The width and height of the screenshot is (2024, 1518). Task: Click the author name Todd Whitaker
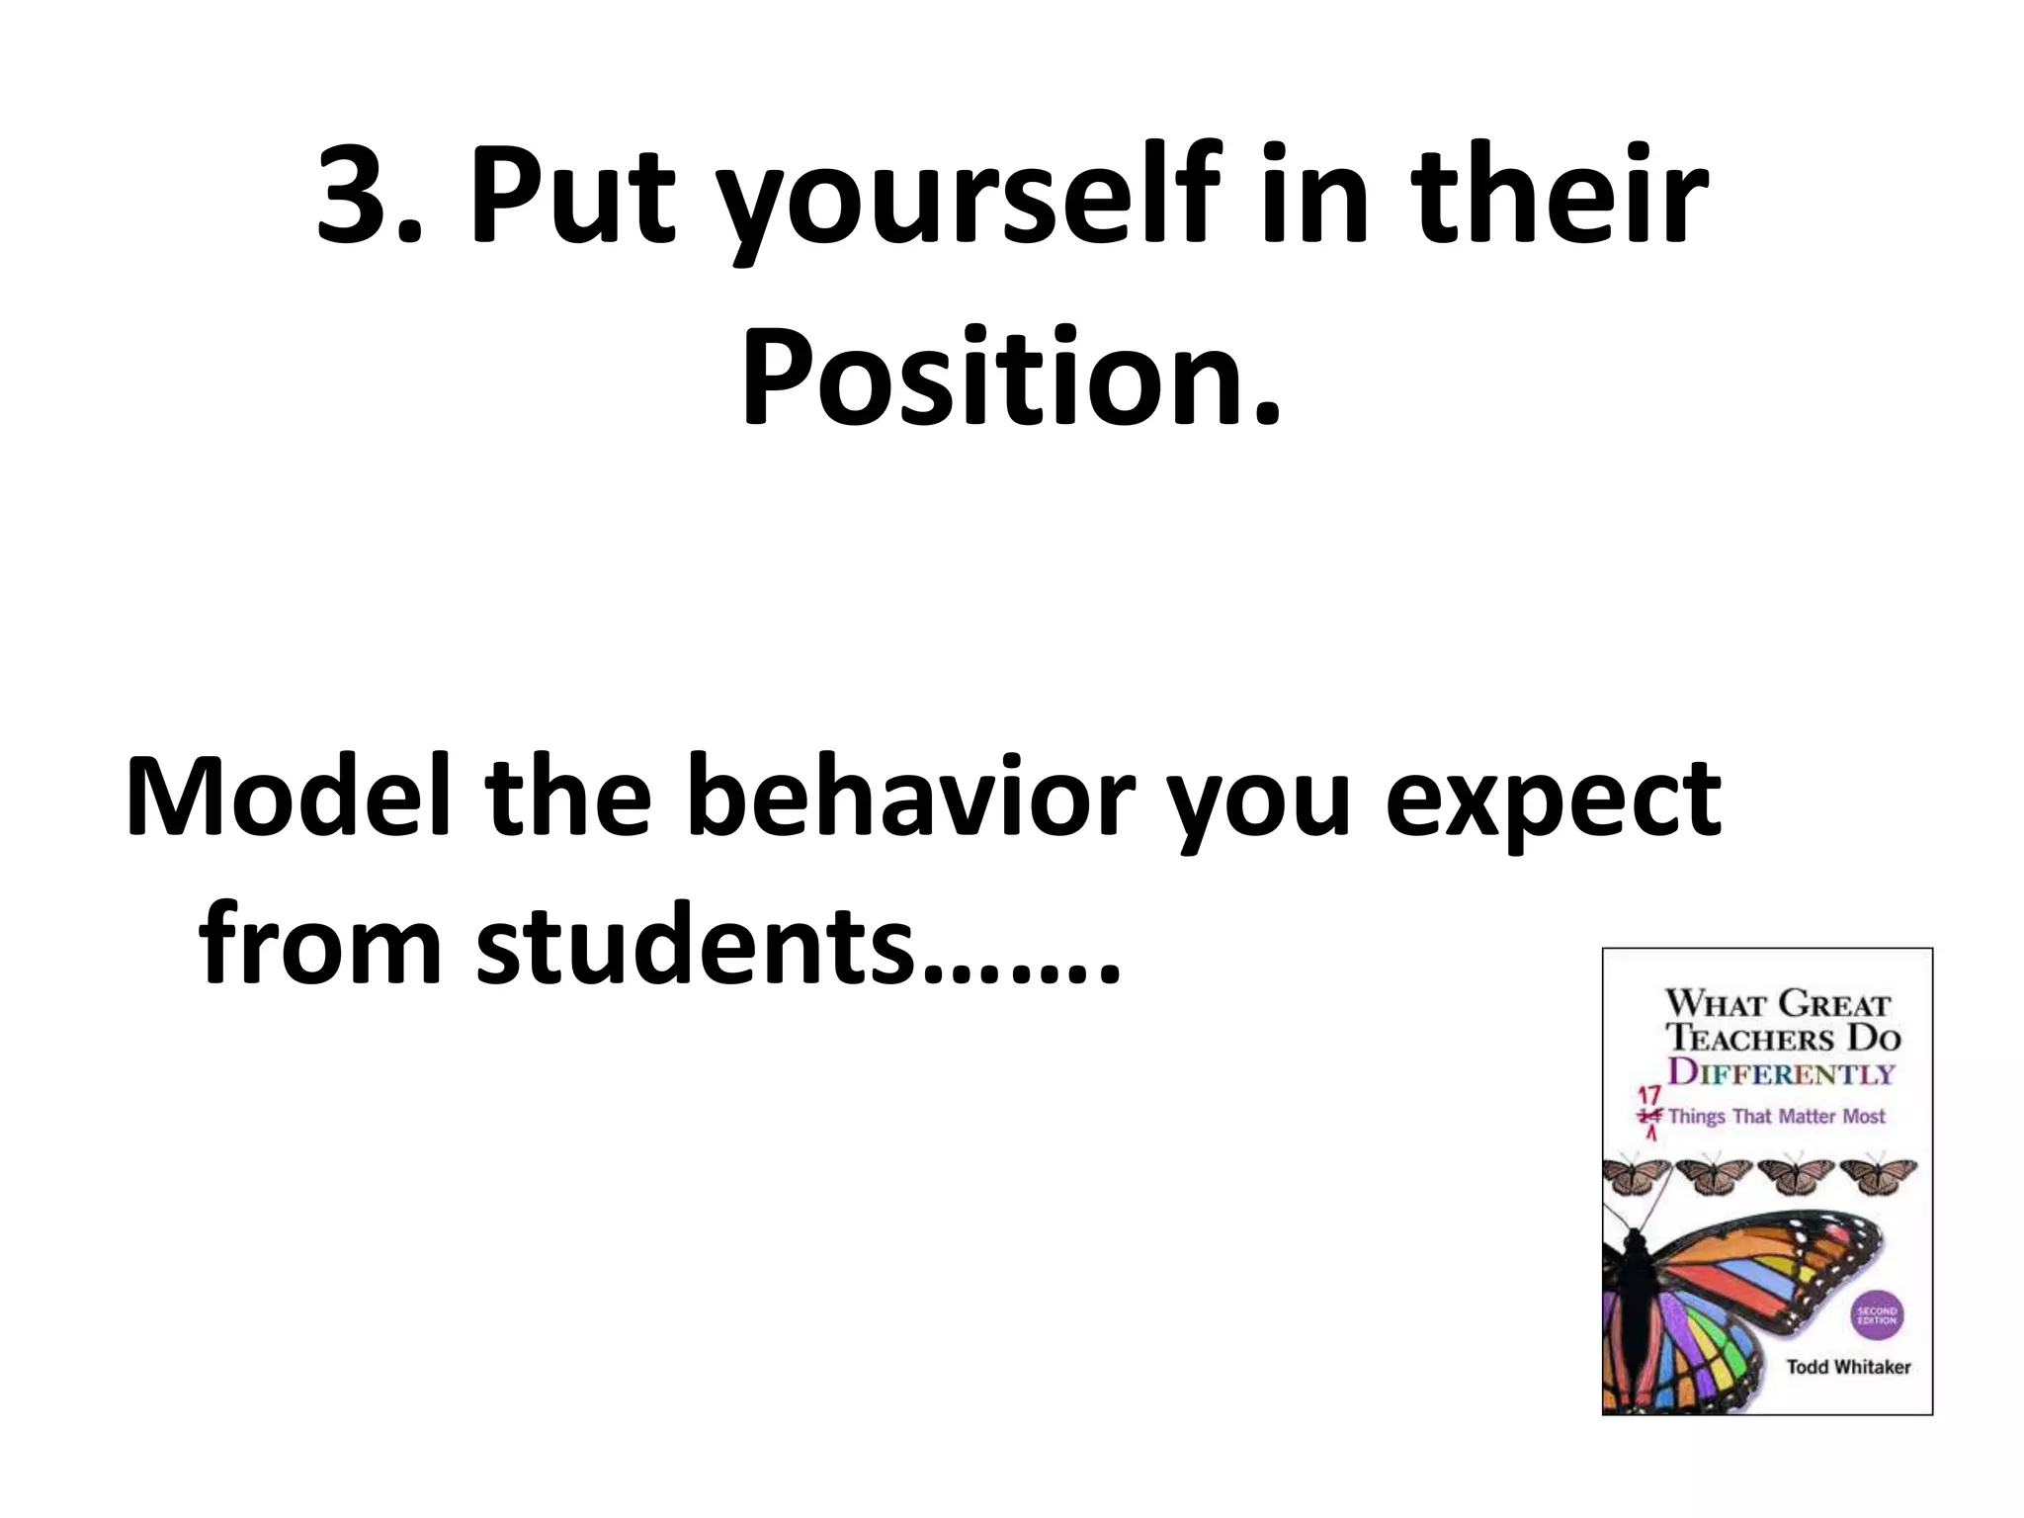1848,1367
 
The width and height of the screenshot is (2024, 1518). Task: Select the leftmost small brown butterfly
1637,1175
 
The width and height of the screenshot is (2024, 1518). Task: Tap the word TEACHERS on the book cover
1750,1039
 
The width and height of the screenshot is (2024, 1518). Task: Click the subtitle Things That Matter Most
1776,1116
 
